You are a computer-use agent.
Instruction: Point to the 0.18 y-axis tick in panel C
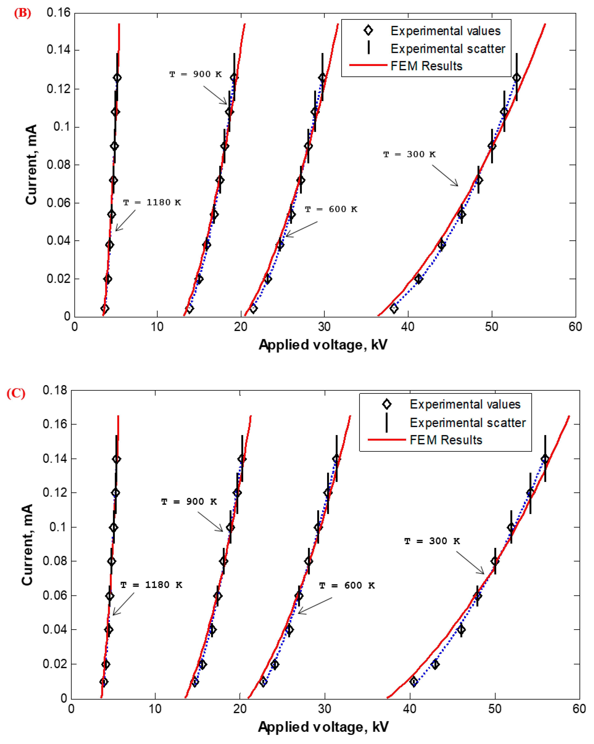click(55, 390)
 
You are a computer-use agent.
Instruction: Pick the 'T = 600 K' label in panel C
click(347, 586)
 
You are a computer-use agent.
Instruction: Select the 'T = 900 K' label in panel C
click(189, 502)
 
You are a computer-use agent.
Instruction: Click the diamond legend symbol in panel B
click(368, 30)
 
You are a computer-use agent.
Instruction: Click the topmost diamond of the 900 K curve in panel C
click(242, 459)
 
